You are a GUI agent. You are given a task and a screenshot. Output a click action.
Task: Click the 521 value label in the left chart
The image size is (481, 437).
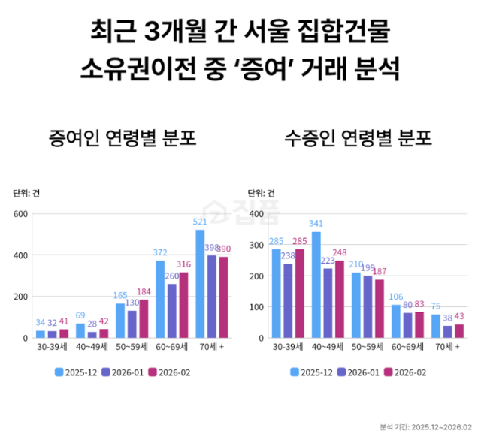tap(200, 222)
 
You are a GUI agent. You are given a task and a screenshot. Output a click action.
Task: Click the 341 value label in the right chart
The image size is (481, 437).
tap(316, 224)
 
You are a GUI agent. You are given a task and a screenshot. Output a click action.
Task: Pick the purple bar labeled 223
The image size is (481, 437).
tap(328, 303)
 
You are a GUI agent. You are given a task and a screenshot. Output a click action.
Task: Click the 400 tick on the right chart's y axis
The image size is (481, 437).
tap(256, 214)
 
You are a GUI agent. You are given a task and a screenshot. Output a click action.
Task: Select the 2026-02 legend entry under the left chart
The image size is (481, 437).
tap(172, 371)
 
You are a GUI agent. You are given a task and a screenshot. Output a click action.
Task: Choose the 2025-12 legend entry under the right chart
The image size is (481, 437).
tap(313, 371)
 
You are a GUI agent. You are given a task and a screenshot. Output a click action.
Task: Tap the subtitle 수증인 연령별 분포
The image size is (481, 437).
tap(347, 140)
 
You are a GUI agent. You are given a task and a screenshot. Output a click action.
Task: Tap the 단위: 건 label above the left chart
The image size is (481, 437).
tap(26, 193)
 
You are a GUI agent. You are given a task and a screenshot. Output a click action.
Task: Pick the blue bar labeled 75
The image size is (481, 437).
tap(437, 326)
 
